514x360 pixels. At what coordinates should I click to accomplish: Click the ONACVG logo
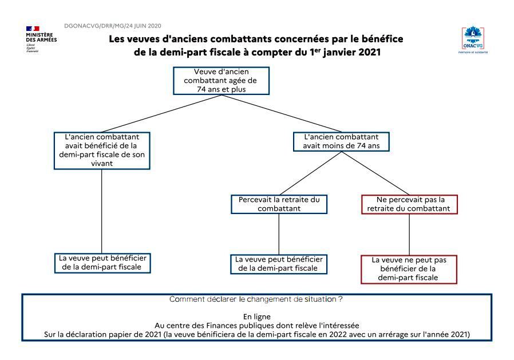pyautogui.click(x=473, y=38)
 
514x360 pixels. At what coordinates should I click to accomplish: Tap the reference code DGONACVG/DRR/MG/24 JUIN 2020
pyautogui.click(x=113, y=26)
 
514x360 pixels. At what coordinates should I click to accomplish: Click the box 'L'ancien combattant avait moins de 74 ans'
pyautogui.click(x=341, y=141)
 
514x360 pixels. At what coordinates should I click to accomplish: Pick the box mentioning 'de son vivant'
pyautogui.click(x=102, y=151)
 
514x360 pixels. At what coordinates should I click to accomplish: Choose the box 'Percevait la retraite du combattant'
pyautogui.click(x=279, y=204)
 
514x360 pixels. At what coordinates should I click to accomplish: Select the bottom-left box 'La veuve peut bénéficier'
pyautogui.click(x=102, y=263)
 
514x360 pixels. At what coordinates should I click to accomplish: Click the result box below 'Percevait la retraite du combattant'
pyautogui.click(x=279, y=264)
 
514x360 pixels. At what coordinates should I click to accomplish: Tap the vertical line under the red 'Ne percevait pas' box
pyautogui.click(x=409, y=235)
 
